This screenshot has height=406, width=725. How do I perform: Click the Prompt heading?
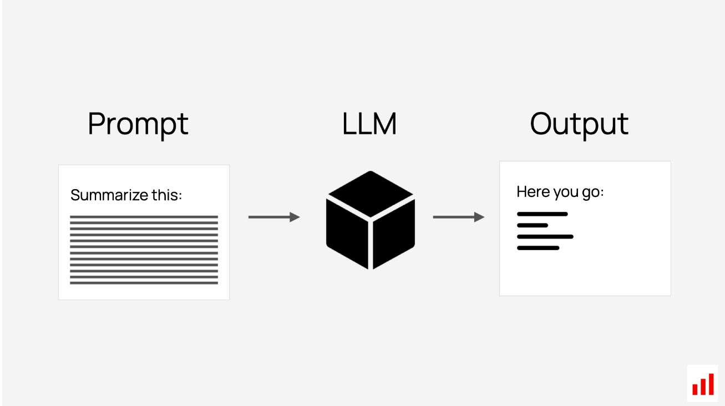coord(138,125)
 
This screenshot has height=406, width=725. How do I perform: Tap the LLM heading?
coord(369,124)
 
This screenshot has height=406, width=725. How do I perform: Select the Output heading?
coord(579,125)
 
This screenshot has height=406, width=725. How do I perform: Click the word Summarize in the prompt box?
coord(109,195)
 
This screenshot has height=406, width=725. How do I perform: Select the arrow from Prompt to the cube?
coord(274,217)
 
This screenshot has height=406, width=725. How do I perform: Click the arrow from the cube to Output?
coord(459,217)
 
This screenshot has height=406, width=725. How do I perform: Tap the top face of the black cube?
coord(371,194)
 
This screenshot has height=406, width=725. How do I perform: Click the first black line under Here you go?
coord(542,214)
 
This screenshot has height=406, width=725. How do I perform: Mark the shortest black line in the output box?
coord(533,226)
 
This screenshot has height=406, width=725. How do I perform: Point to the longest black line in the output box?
coord(545,237)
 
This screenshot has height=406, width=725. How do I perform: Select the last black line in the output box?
coord(538,248)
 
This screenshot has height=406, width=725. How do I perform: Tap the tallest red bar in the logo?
coord(711,384)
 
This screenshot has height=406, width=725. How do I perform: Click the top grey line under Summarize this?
coord(144,217)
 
